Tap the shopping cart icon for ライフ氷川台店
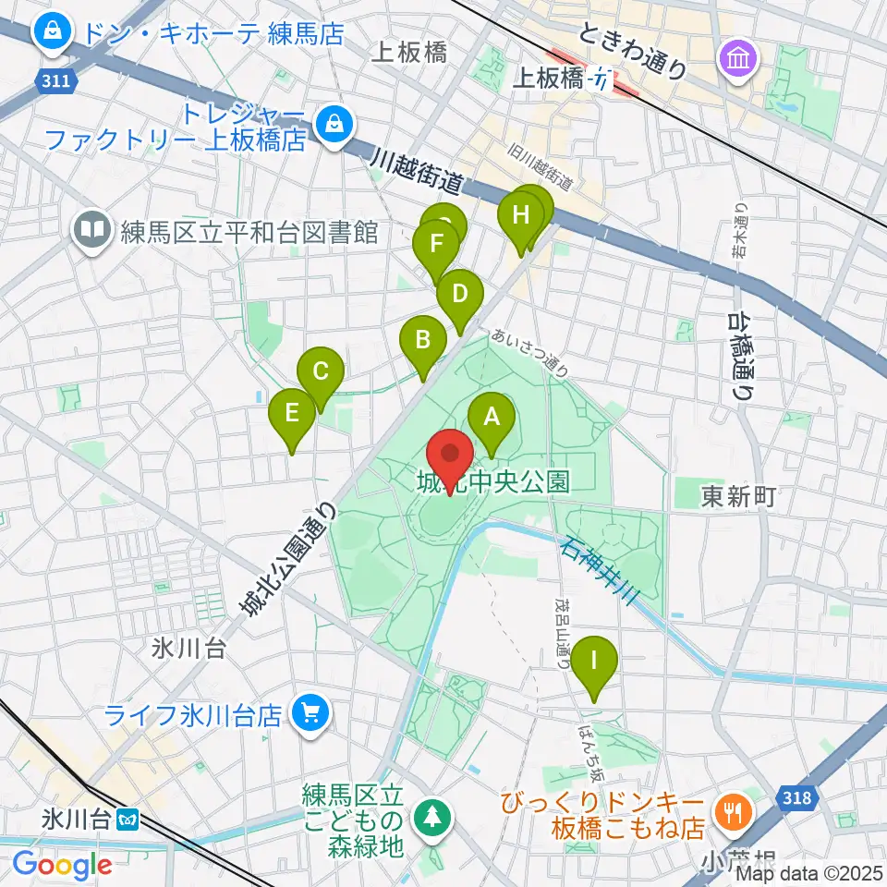[x=310, y=714]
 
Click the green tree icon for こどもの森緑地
[x=430, y=816]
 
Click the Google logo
[x=62, y=865]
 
